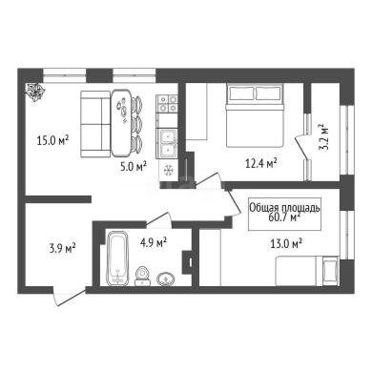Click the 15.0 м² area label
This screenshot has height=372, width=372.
point(52,140)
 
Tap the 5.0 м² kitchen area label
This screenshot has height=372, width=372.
point(134,166)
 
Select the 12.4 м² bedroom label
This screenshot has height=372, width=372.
point(260,163)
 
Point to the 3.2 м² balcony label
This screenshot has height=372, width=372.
point(322,136)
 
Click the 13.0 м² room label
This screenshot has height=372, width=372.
point(286,244)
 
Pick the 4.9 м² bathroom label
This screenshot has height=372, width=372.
point(154,243)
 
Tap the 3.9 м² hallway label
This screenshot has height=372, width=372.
point(62,248)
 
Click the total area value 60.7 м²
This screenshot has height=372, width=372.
point(284,217)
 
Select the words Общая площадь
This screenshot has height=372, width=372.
point(284,208)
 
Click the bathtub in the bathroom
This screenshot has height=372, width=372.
point(117,258)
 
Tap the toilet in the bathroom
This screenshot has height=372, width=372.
point(143,276)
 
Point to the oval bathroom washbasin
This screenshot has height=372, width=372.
point(166,279)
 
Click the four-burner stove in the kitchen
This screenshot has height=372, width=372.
point(167,104)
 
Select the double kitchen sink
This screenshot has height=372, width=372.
point(168,144)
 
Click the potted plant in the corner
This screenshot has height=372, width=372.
point(34,92)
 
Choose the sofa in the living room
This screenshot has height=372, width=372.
point(95,124)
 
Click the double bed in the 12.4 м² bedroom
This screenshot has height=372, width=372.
point(255,115)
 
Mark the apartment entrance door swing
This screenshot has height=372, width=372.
point(70,296)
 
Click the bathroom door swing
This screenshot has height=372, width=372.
point(158,220)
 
